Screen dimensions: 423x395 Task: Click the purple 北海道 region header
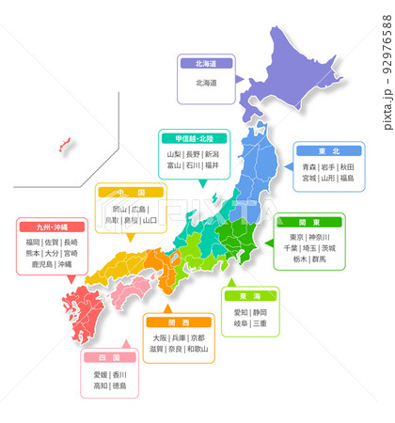[x=206, y=65]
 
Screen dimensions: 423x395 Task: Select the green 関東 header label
[x=308, y=222]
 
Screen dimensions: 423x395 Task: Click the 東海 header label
[x=250, y=294]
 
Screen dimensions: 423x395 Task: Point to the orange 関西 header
[x=177, y=321]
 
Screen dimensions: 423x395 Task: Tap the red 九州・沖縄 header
[x=51, y=227]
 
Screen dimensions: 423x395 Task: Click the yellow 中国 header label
[x=128, y=193]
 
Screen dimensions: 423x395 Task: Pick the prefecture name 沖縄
[x=64, y=265]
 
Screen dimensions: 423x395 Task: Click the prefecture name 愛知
[x=241, y=311]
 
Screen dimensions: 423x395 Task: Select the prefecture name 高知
[x=101, y=385]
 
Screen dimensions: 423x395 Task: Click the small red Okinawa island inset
[x=65, y=145]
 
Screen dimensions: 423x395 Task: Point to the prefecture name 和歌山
[x=197, y=349]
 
